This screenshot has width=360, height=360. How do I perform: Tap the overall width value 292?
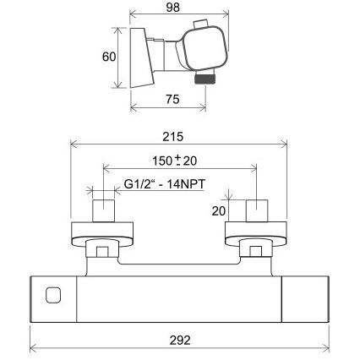[179, 340]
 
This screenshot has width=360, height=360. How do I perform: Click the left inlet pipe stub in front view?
[103, 210]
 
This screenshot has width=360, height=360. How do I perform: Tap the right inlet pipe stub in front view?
[256, 210]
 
